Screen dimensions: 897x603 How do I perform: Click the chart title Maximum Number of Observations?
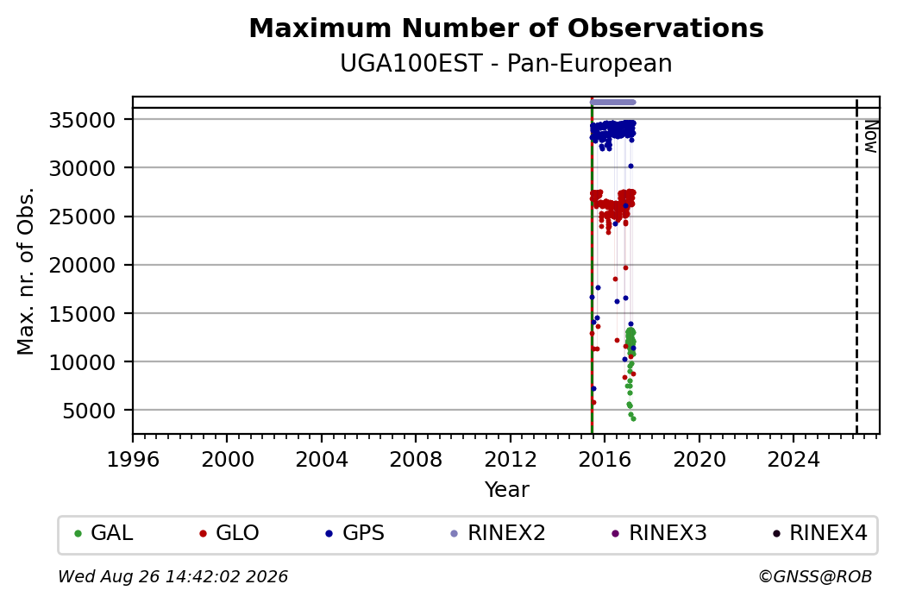[506, 28]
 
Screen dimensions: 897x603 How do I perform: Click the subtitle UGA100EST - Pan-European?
[506, 64]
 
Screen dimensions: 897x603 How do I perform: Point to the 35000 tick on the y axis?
[83, 120]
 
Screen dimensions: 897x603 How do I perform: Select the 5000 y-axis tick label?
[89, 411]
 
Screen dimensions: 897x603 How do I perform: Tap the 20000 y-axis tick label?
[83, 266]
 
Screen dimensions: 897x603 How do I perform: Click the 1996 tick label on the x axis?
[134, 460]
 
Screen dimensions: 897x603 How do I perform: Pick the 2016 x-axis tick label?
[605, 460]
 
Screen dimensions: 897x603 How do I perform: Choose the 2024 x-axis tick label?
[793, 460]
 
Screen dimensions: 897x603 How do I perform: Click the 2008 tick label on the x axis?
[416, 460]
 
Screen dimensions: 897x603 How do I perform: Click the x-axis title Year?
[507, 490]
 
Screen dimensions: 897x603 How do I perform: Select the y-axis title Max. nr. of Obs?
[26, 271]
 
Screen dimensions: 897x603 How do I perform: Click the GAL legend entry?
[104, 533]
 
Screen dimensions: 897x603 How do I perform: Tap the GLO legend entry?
[229, 533]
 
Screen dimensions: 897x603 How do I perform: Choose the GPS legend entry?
[355, 533]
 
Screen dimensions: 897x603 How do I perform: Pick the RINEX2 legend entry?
[499, 533]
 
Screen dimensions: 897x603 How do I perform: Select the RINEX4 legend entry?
[819, 533]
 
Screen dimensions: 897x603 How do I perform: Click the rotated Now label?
[870, 137]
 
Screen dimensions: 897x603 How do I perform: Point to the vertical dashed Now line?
[856, 266]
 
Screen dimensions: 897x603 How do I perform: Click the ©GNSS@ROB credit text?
[815, 576]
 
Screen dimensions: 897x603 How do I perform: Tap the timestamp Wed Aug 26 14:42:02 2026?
[173, 576]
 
